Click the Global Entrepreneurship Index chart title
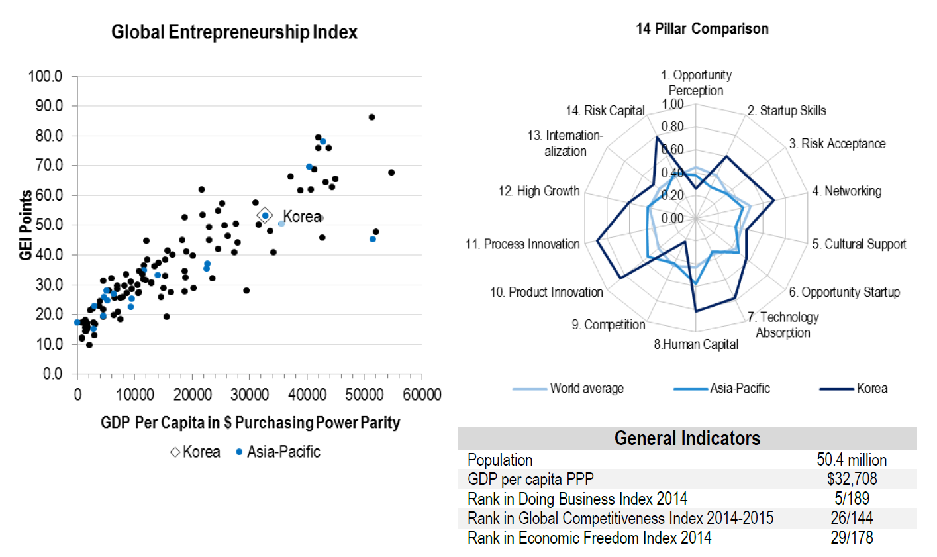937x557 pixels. (x=234, y=32)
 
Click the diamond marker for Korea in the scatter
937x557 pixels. (x=265, y=215)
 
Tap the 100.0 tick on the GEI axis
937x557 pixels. (x=45, y=77)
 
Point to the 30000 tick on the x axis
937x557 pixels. (x=250, y=395)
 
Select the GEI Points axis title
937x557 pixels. (x=26, y=225)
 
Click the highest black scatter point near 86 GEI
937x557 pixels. (x=371, y=117)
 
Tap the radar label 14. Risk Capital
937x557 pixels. (x=605, y=111)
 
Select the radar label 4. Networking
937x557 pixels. (x=847, y=191)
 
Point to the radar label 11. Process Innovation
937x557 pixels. (x=522, y=244)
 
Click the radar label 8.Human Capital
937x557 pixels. (x=696, y=344)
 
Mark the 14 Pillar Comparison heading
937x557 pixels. (x=702, y=29)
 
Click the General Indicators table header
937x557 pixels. (x=687, y=438)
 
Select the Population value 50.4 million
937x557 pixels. (x=852, y=460)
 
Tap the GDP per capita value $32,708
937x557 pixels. (x=852, y=480)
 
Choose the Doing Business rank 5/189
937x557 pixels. (x=852, y=499)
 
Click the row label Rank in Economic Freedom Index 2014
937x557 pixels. (x=589, y=538)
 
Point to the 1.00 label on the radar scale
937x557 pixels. (x=673, y=105)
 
